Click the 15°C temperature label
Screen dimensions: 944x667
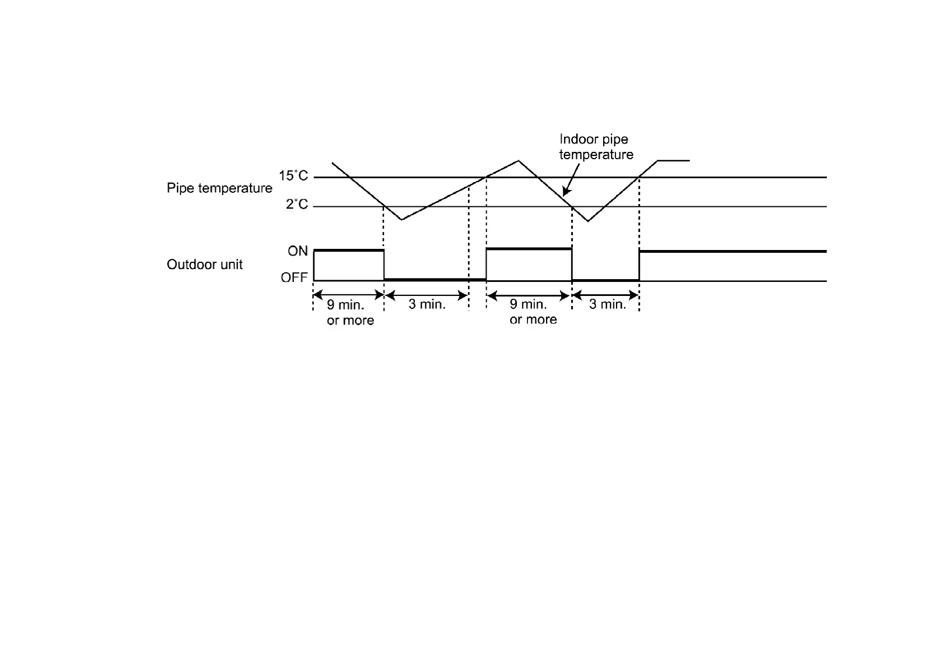[x=293, y=176]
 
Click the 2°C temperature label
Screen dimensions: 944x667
[x=297, y=205]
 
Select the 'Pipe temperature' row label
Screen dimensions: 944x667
[x=219, y=188]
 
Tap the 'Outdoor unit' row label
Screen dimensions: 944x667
[x=205, y=265]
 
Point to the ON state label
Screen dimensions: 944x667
[x=298, y=251]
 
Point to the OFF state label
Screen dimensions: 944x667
[x=294, y=277]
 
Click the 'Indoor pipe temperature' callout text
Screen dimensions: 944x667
[x=596, y=147]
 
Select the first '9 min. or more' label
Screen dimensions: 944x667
[x=350, y=312]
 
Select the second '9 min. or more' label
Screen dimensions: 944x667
[x=533, y=312]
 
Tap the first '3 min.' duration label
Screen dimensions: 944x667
[x=427, y=304]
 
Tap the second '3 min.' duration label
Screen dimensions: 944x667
[x=607, y=304]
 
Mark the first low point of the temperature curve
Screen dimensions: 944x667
[x=402, y=219]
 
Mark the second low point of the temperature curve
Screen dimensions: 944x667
[x=587, y=221]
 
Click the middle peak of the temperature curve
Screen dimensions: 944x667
[x=519, y=161]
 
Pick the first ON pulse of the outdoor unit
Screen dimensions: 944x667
[x=349, y=251]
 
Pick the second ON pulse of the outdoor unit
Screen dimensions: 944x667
[x=529, y=248]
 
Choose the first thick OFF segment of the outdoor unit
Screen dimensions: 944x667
[x=434, y=279]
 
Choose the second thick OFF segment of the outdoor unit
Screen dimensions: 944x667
[x=605, y=279]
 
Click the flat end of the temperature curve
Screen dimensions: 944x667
[x=673, y=161]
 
